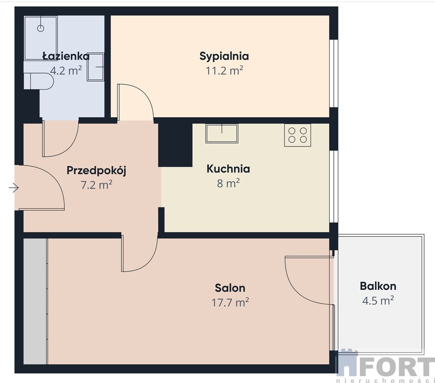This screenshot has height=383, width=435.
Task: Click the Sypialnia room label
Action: pyautogui.click(x=224, y=56)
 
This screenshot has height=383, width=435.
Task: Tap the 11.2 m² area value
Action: pyautogui.click(x=224, y=71)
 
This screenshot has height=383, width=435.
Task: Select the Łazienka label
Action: pyautogui.click(x=66, y=56)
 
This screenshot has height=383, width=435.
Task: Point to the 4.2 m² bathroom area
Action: pyautogui.click(x=66, y=70)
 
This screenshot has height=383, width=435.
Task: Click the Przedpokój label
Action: pyautogui.click(x=97, y=171)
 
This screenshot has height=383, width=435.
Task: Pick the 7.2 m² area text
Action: pyautogui.click(x=97, y=185)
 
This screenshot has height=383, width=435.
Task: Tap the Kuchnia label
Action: pyautogui.click(x=228, y=169)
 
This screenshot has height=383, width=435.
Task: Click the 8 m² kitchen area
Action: pyautogui.click(x=228, y=184)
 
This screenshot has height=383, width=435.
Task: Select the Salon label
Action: pyautogui.click(x=230, y=288)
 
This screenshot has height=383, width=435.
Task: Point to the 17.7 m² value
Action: pyautogui.click(x=230, y=302)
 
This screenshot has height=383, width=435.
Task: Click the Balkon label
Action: pyautogui.click(x=378, y=286)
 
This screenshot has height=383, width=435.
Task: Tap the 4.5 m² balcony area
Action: pyautogui.click(x=378, y=300)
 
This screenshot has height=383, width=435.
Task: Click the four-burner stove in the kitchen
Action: pyautogui.click(x=297, y=135)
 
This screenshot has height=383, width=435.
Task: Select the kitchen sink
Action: pyautogui.click(x=221, y=134)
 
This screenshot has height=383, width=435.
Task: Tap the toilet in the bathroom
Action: pyautogui.click(x=38, y=81)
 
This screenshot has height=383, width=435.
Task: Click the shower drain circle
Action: pyautogui.click(x=41, y=28)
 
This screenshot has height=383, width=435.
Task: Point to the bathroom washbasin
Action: pyautogui.click(x=95, y=67)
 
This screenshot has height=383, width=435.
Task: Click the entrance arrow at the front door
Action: pyautogui.click(x=13, y=188)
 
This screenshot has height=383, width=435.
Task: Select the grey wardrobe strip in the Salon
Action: pyautogui.click(x=35, y=301)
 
